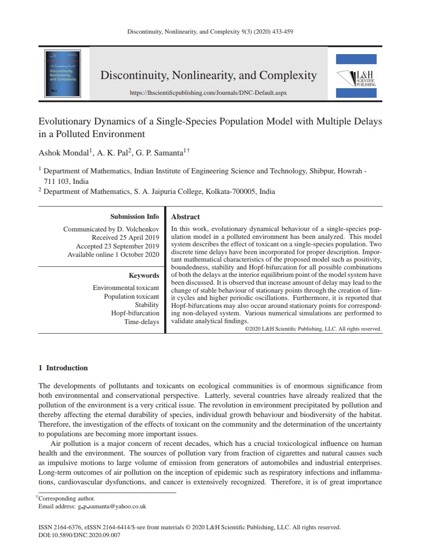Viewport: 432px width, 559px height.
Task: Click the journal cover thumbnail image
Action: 63,73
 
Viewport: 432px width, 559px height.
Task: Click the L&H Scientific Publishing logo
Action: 356,76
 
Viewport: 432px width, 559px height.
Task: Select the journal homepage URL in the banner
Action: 209,93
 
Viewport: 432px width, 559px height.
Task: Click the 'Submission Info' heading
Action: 134,217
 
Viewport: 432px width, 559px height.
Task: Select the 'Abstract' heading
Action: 185,217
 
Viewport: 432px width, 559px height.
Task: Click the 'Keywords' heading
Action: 144,276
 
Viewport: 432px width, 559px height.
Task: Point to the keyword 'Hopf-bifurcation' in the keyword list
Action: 135,313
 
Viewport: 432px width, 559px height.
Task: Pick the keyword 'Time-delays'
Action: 141,322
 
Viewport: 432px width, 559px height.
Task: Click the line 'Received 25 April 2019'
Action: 125,238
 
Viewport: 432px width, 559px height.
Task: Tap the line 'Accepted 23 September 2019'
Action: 117,246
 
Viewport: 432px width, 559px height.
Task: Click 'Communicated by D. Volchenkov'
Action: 111,229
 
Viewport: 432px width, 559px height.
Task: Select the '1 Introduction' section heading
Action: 63,368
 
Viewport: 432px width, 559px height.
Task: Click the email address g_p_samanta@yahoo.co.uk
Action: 112,507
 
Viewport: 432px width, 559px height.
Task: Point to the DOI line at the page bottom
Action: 79,535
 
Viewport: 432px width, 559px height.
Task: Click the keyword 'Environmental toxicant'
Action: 126,288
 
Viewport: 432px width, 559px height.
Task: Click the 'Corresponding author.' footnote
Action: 66,498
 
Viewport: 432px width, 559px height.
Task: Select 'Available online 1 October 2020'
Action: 113,255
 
